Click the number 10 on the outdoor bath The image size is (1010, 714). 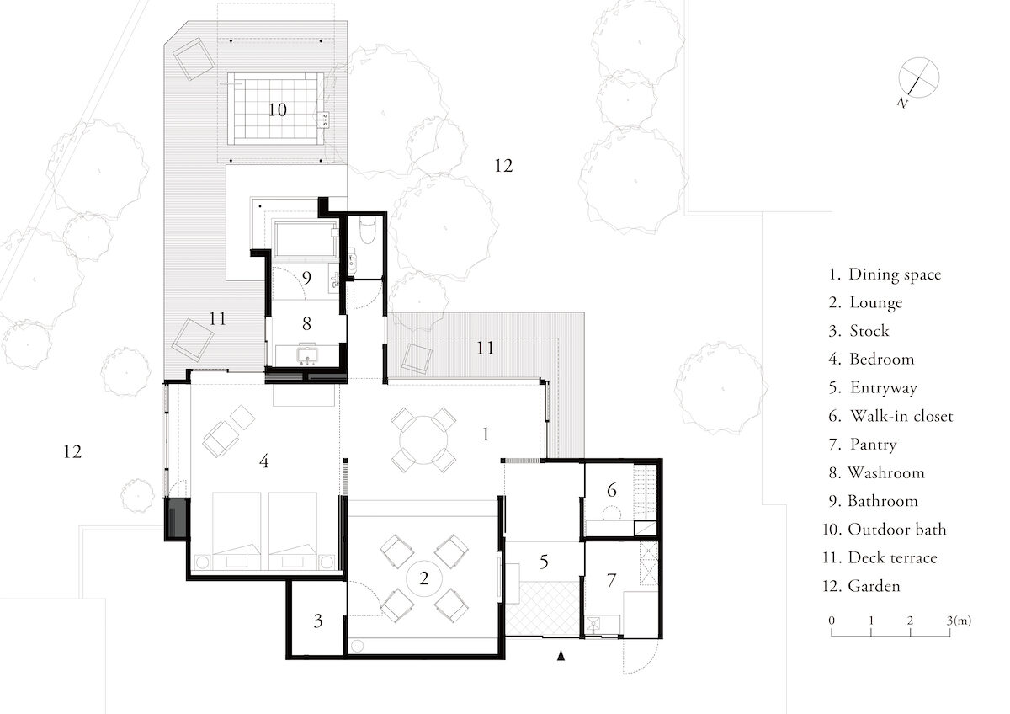tap(277, 109)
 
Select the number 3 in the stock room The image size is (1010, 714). tap(317, 621)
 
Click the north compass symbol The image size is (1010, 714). tap(917, 78)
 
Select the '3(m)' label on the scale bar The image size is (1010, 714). tap(959, 621)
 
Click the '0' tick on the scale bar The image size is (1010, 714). tap(832, 621)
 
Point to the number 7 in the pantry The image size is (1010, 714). tap(611, 580)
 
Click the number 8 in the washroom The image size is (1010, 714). tap(306, 322)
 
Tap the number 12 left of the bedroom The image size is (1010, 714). tap(72, 452)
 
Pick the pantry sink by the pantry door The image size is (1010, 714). tap(596, 624)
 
